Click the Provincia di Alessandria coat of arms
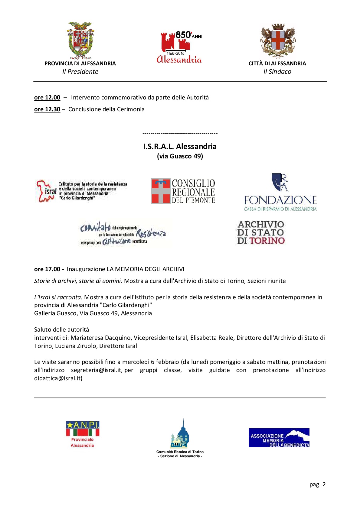[x=80, y=40]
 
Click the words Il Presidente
[x=80, y=72]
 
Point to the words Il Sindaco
[x=277, y=72]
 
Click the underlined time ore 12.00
[x=47, y=98]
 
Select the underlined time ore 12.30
[x=47, y=109]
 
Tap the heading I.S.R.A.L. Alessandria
[x=180, y=147]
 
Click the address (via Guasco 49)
[x=180, y=156]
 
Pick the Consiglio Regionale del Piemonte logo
[x=183, y=191]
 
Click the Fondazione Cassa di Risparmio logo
[x=280, y=192]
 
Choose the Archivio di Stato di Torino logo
[x=261, y=232]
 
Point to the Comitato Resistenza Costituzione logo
[x=123, y=233]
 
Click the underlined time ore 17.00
[x=47, y=269]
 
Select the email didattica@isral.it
[x=58, y=378]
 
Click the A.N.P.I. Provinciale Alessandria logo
[x=83, y=434]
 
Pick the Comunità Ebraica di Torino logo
[x=180, y=438]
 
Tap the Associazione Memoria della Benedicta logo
[x=279, y=438]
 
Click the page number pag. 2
[x=317, y=485]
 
